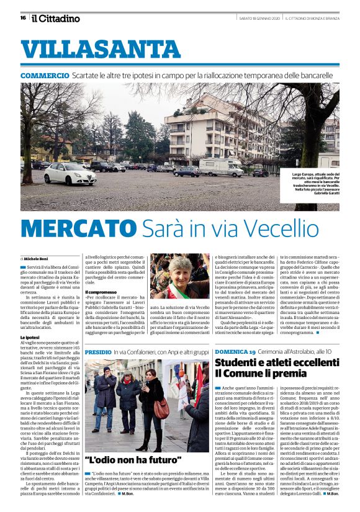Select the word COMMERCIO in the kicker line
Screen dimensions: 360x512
tap(45, 76)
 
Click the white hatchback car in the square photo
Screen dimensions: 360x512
tap(70, 174)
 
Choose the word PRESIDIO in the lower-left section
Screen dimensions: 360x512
tap(98, 353)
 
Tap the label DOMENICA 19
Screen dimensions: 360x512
tap(235, 353)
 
